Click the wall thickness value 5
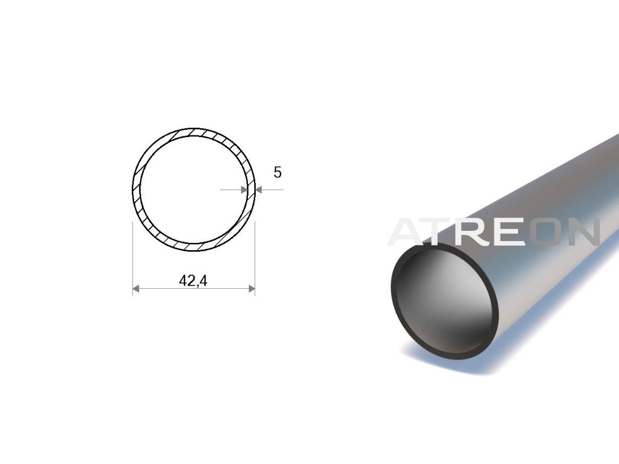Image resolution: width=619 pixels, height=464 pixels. (x=277, y=172)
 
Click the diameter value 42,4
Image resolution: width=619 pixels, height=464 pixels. (x=193, y=280)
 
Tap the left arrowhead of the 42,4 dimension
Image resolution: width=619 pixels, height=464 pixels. (x=136, y=289)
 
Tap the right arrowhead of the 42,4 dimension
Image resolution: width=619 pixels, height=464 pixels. (x=251, y=289)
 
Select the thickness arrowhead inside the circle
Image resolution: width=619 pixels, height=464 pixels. (x=244, y=190)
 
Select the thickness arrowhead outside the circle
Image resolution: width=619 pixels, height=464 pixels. (x=259, y=190)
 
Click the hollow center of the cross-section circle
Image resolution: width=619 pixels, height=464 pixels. (x=194, y=190)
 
